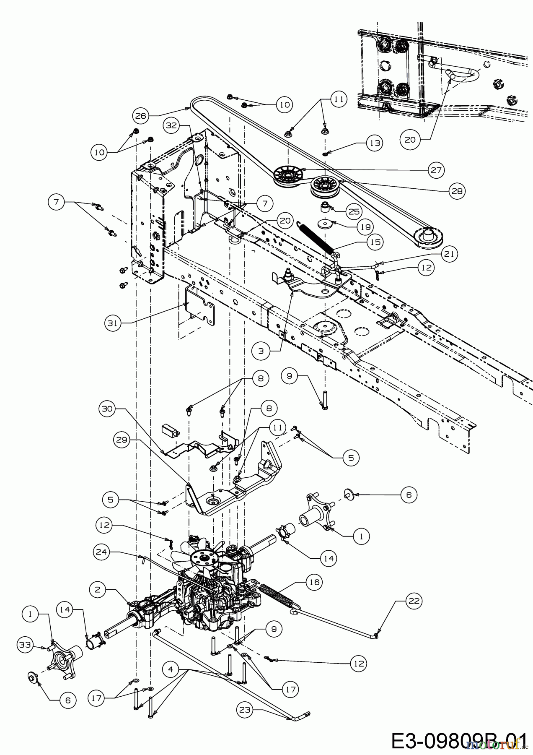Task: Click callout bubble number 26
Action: [x=142, y=115]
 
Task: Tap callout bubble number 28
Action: [x=457, y=191]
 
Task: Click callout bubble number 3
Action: [x=261, y=351]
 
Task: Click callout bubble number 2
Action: [x=97, y=589]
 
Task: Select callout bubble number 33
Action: [x=26, y=644]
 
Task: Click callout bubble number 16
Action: [x=315, y=582]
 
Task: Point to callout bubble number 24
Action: [x=102, y=552]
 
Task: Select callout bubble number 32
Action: [x=172, y=125]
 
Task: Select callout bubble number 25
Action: [x=354, y=211]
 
